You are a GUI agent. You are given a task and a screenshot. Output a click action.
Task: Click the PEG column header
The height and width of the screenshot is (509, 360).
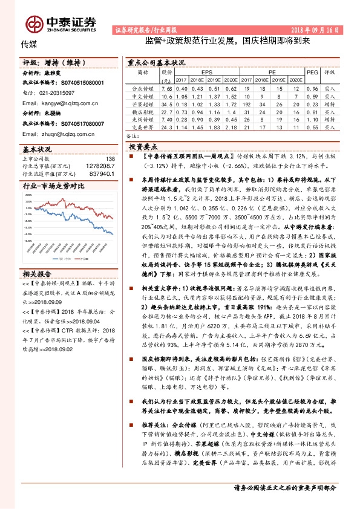[x=312, y=71]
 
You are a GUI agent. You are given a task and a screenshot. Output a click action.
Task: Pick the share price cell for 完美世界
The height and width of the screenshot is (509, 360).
[x=167, y=127]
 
